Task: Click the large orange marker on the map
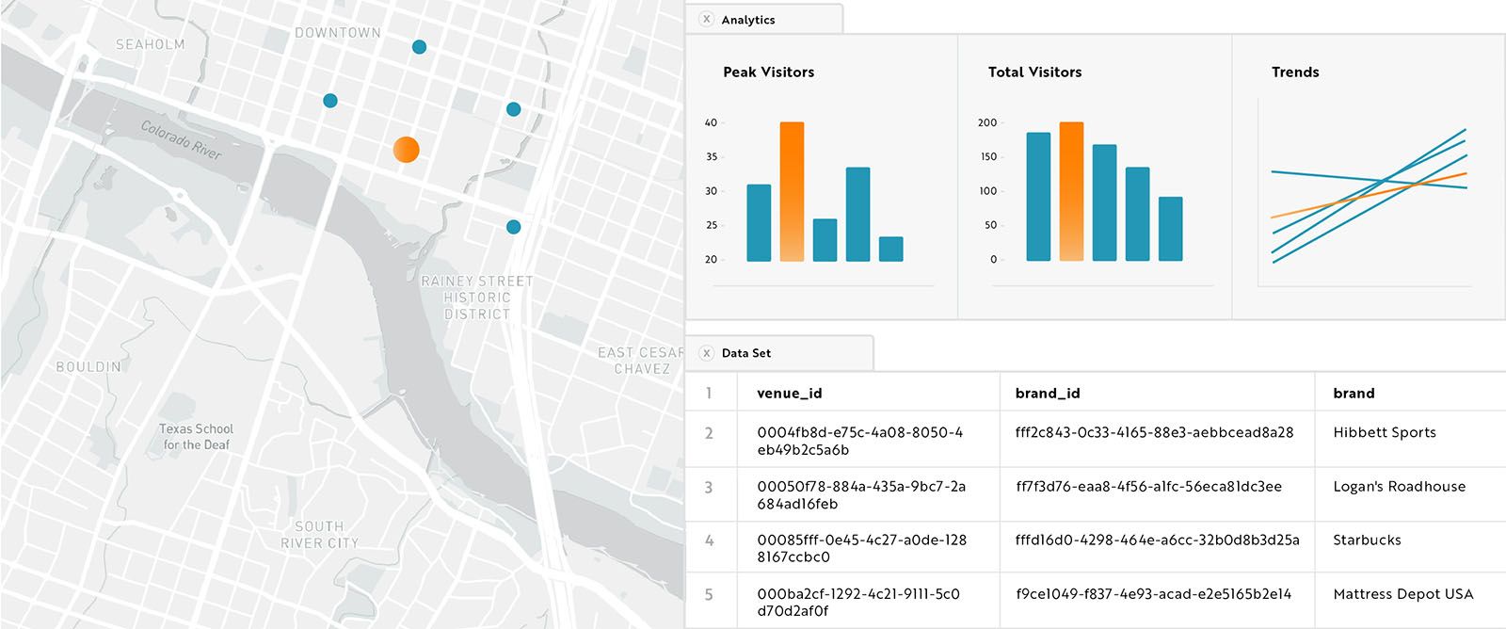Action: pyautogui.click(x=406, y=149)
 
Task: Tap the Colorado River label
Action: pyautogui.click(x=181, y=139)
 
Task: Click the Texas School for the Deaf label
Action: pyautogui.click(x=196, y=436)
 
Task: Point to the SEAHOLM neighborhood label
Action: pyautogui.click(x=150, y=44)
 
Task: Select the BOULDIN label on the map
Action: pyautogui.click(x=88, y=366)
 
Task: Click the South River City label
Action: pyautogui.click(x=319, y=534)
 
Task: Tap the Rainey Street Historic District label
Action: pyautogui.click(x=476, y=297)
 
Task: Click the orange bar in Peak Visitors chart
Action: pyautogui.click(x=792, y=191)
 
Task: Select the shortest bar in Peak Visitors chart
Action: pyautogui.click(x=890, y=249)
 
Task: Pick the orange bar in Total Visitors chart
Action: pyautogui.click(x=1071, y=191)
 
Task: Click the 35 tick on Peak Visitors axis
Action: pyautogui.click(x=712, y=156)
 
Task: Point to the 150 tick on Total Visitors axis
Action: pyautogui.click(x=987, y=156)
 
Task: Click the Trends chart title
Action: pyautogui.click(x=1294, y=72)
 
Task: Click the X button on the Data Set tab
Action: pyautogui.click(x=707, y=353)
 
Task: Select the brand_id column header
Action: pyautogui.click(x=1047, y=393)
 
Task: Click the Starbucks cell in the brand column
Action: pyautogui.click(x=1366, y=540)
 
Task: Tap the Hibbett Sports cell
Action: pyautogui.click(x=1384, y=432)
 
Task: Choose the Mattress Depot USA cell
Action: pyautogui.click(x=1402, y=593)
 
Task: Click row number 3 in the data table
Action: pyautogui.click(x=709, y=487)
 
